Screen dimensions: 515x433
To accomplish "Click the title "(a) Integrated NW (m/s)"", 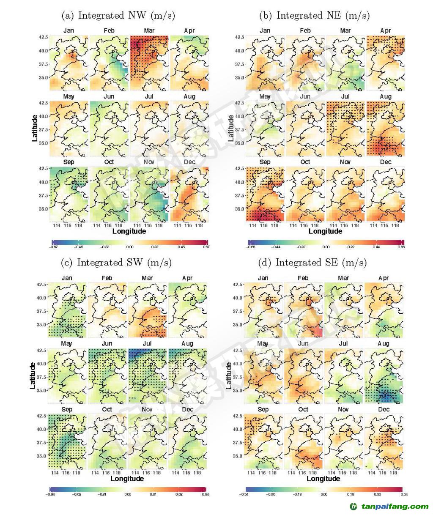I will [x=118, y=16].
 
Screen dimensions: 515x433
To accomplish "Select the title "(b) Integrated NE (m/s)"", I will [x=314, y=16].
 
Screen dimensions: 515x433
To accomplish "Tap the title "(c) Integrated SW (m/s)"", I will [x=116, y=263].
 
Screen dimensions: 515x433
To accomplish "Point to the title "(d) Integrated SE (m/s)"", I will [x=312, y=263].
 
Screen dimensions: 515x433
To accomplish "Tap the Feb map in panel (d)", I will [x=303, y=310].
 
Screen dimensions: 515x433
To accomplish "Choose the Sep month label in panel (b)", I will [x=265, y=162].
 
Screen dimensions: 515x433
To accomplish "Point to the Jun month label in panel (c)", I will [x=107, y=344].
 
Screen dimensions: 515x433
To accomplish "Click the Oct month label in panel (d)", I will [x=303, y=409].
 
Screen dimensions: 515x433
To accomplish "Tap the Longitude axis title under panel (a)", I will [x=129, y=231].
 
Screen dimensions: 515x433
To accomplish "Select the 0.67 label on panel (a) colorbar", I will [x=206, y=247].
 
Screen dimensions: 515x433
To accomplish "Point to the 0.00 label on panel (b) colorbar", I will [x=326, y=247].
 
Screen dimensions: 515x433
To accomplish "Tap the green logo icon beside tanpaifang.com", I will [x=353, y=506].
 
